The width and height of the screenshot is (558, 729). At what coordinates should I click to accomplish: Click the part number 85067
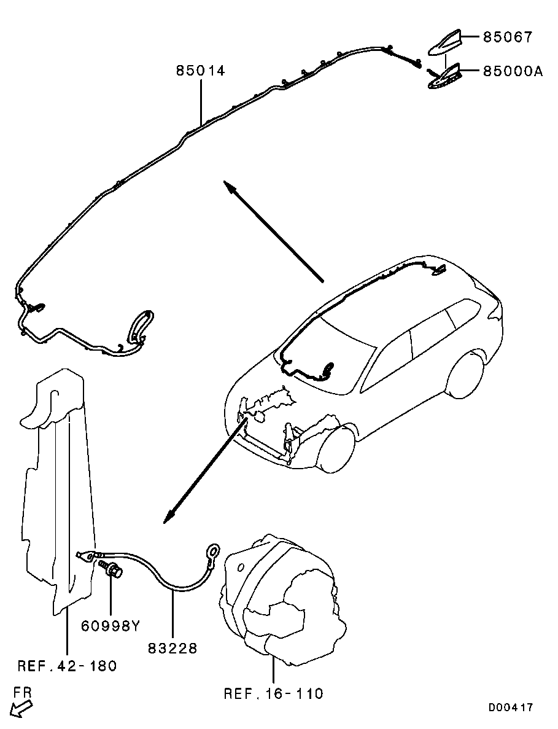tap(507, 37)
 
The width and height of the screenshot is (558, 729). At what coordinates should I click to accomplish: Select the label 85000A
tap(513, 71)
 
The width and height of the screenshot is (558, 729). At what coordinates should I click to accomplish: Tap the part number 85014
tap(201, 71)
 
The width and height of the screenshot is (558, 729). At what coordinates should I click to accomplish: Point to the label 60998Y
tap(111, 626)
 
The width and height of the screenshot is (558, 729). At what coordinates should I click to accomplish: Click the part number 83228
tap(172, 648)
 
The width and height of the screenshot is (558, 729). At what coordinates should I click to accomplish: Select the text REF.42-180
tap(67, 665)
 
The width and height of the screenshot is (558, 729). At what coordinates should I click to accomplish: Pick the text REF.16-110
tap(273, 694)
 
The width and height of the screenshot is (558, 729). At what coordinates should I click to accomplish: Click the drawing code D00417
tap(511, 708)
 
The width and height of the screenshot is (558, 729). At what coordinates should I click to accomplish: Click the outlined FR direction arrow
tap(22, 708)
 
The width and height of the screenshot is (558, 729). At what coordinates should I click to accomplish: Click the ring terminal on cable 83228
tap(212, 551)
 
